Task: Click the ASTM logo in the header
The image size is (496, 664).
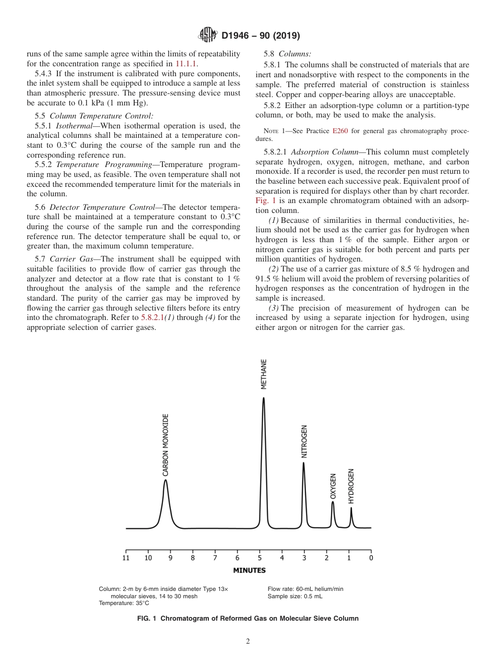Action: click(208, 35)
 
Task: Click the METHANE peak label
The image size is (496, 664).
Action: click(264, 374)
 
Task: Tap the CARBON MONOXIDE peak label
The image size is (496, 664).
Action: click(166, 445)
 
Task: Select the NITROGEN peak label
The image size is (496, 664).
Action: click(304, 442)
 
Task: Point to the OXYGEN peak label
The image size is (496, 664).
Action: click(333, 487)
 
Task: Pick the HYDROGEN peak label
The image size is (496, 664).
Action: click(351, 486)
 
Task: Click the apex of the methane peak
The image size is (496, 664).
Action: click(264, 398)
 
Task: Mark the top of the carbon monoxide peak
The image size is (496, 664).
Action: click(165, 480)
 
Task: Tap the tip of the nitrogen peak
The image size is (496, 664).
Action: click(303, 463)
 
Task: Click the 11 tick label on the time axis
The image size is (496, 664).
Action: click(126, 558)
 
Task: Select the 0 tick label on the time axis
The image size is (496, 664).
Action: click(371, 558)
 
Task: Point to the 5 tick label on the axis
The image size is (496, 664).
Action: click(259, 558)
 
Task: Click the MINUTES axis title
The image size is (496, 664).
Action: click(249, 571)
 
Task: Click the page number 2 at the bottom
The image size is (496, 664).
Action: click(248, 642)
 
